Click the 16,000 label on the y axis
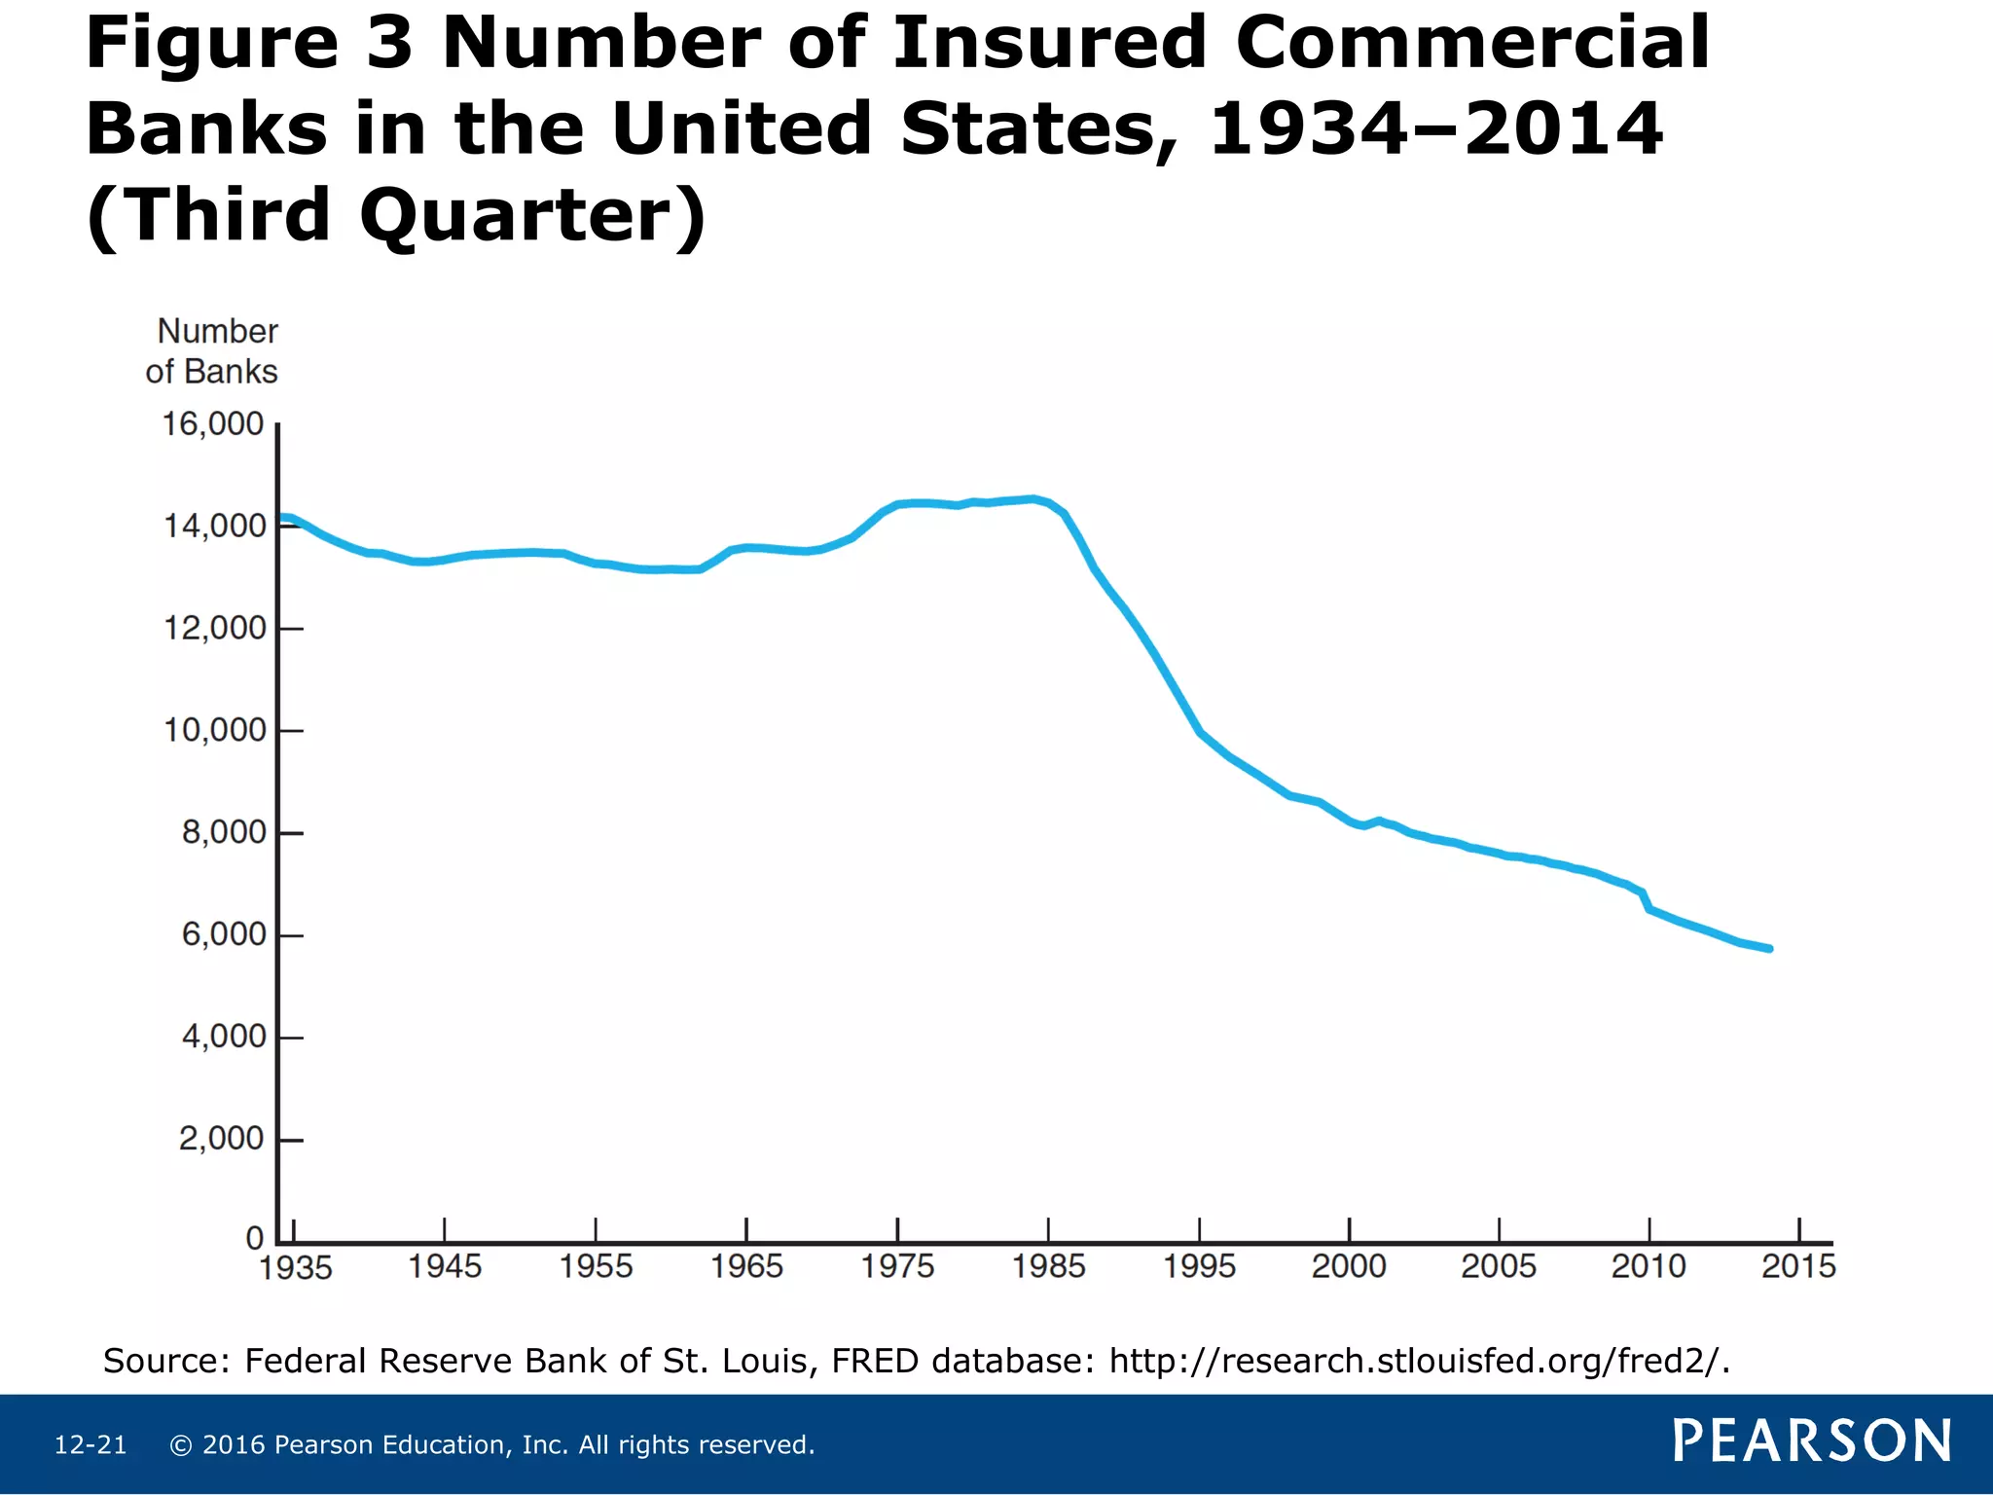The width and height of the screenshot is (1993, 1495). coord(212,424)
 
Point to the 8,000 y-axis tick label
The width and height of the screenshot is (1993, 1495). coord(223,833)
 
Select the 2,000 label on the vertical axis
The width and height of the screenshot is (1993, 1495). coord(221,1139)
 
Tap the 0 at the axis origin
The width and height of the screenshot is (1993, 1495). coord(255,1239)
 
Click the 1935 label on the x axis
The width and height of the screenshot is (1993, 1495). coord(295,1268)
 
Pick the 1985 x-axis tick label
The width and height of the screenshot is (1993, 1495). coord(1048,1266)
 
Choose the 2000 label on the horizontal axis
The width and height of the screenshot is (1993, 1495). coord(1349,1266)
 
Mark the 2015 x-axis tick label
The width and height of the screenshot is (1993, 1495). coord(1798,1266)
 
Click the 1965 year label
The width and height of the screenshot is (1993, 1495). coord(746,1266)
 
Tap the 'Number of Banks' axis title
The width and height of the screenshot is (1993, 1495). coord(213,351)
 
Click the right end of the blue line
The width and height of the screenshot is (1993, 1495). coord(1769,948)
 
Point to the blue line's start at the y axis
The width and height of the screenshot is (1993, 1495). coord(283,518)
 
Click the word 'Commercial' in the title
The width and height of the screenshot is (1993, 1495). coord(1472,44)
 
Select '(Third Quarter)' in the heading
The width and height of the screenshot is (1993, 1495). coord(396,216)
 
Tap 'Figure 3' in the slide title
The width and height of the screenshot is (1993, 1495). coord(249,44)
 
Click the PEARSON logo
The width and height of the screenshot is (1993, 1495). coord(1812,1441)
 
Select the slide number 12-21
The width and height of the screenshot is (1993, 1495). coord(91,1445)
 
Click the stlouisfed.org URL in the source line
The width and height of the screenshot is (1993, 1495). coord(1420,1361)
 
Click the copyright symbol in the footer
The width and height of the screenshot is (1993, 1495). coord(180,1445)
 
